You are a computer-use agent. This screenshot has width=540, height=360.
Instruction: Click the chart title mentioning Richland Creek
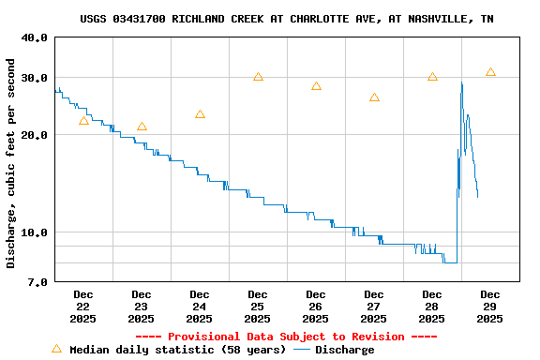click(x=287, y=19)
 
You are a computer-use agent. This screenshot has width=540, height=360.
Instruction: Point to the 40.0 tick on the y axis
click(x=35, y=37)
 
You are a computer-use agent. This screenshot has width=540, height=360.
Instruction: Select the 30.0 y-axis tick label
click(x=35, y=78)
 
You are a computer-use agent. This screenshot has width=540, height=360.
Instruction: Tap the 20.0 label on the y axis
click(x=35, y=135)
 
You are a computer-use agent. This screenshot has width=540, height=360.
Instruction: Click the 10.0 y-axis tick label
click(x=35, y=232)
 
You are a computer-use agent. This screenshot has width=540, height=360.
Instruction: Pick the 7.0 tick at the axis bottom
click(x=38, y=282)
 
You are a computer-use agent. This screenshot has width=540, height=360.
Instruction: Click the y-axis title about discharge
click(x=11, y=163)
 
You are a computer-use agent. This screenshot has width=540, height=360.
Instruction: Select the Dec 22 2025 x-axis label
click(x=83, y=307)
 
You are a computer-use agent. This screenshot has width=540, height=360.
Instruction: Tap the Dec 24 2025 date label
click(x=200, y=307)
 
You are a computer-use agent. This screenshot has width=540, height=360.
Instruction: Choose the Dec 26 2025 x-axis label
click(x=316, y=307)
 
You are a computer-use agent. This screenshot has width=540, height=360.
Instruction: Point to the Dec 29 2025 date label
click(x=490, y=307)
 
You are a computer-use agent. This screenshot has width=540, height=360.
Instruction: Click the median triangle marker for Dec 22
click(x=83, y=121)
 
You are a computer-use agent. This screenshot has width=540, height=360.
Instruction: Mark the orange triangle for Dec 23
click(x=142, y=127)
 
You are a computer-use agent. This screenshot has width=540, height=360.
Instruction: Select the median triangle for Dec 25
click(x=258, y=77)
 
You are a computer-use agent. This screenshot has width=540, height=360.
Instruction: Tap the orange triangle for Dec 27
click(x=374, y=97)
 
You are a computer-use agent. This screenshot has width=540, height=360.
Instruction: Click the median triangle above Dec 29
click(x=490, y=72)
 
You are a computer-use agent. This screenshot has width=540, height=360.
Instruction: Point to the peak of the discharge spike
click(x=461, y=83)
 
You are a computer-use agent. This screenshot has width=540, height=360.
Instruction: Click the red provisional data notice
click(x=286, y=337)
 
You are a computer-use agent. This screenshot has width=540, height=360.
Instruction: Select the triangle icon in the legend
click(x=56, y=349)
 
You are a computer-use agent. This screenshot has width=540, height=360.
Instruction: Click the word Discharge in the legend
click(x=344, y=350)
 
